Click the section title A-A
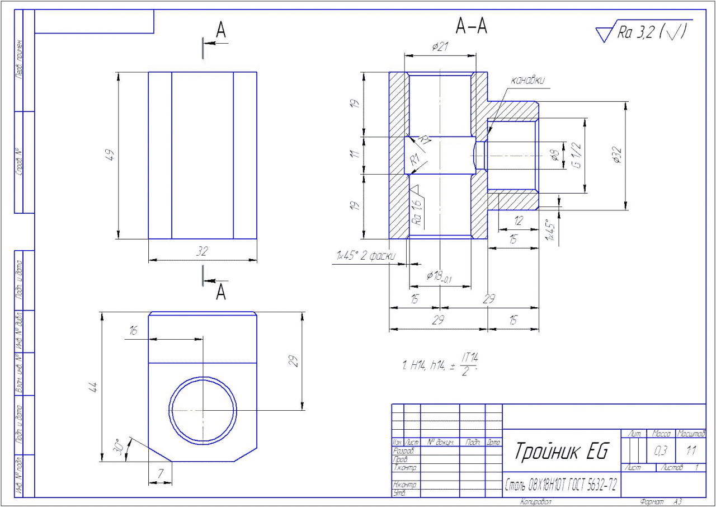[472, 26]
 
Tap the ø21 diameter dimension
[440, 48]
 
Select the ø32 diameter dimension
[616, 155]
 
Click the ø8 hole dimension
[555, 156]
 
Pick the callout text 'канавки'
[527, 81]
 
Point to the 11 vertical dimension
[354, 155]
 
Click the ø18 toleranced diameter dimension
[440, 276]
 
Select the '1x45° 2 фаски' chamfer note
[364, 256]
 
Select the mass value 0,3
[660, 451]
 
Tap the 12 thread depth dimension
[518, 221]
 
